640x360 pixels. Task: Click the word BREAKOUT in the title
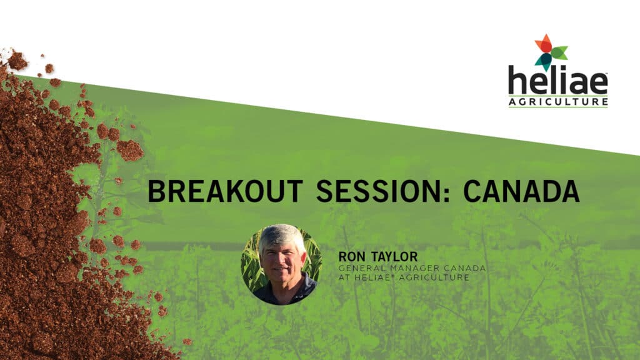tap(225, 191)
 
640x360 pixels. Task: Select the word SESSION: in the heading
tap(384, 191)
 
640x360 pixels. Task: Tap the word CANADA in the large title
tap(521, 191)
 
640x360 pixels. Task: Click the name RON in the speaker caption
tap(352, 257)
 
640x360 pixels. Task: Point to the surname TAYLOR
tap(394, 257)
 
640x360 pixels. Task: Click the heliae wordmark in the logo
tap(558, 82)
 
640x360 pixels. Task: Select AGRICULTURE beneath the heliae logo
tap(558, 102)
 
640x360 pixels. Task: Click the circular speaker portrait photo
tap(281, 264)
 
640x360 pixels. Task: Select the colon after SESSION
tap(446, 194)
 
